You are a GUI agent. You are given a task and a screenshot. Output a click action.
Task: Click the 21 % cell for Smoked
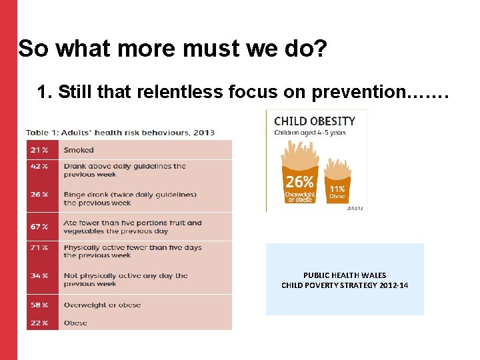pyautogui.click(x=39, y=150)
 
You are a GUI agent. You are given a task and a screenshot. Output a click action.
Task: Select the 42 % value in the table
pyautogui.click(x=39, y=166)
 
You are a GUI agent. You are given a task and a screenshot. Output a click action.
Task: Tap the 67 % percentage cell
pyautogui.click(x=39, y=227)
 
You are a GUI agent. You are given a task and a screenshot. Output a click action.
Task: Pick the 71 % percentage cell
pyautogui.click(x=39, y=247)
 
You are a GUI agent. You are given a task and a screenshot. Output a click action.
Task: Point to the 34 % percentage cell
pyautogui.click(x=39, y=275)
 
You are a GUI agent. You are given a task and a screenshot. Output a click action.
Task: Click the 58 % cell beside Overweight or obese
pyautogui.click(x=39, y=305)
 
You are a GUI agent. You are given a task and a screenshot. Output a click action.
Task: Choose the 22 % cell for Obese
pyautogui.click(x=39, y=323)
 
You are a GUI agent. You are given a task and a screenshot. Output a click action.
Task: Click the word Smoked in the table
pyautogui.click(x=79, y=150)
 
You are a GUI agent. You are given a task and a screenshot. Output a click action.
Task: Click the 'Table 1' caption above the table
pyautogui.click(x=120, y=132)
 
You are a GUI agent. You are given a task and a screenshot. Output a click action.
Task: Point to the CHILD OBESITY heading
pyautogui.click(x=315, y=121)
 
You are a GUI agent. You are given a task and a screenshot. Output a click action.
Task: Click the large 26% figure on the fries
pyautogui.click(x=300, y=181)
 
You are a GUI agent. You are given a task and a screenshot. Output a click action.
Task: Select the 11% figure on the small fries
pyautogui.click(x=337, y=189)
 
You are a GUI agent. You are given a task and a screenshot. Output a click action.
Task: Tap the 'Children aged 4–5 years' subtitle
pyautogui.click(x=309, y=133)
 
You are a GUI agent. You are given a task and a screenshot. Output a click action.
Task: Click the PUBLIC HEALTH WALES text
pyautogui.click(x=345, y=275)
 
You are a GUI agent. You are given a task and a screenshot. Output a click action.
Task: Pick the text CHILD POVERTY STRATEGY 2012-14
pyautogui.click(x=345, y=285)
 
